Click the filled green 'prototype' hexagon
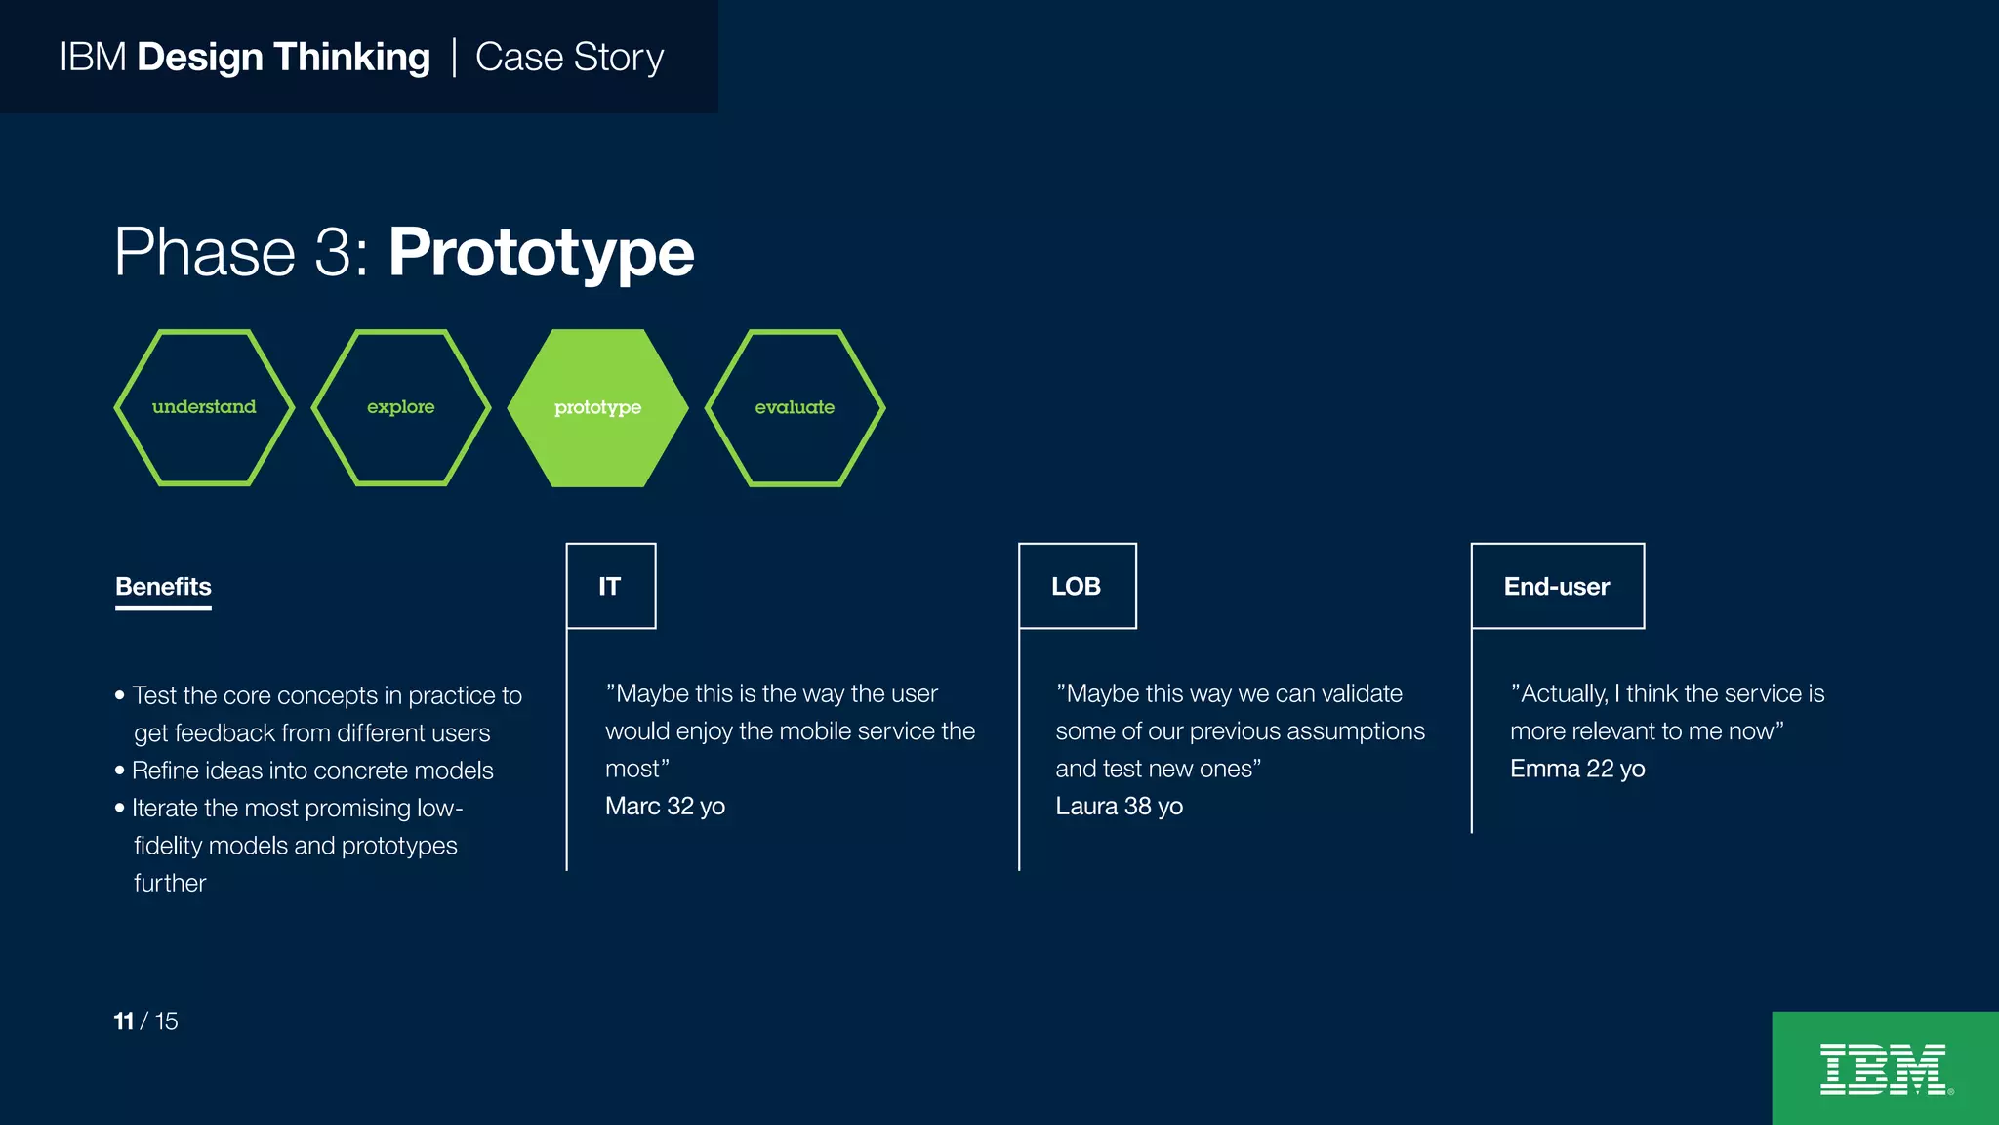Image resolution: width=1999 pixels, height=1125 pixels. point(597,407)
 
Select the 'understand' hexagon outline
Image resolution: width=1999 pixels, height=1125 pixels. point(204,407)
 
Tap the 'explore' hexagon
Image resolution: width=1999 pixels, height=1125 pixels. point(400,407)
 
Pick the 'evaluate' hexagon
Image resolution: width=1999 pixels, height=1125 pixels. point(795,407)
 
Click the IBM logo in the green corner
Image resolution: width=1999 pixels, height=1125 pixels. point(1884,1069)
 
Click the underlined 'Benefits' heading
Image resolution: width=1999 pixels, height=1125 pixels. point(163,587)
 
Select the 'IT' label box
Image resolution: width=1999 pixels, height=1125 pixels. point(611,586)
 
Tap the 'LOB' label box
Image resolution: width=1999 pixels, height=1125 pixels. point(1077,586)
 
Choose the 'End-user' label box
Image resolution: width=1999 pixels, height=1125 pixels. point(1557,586)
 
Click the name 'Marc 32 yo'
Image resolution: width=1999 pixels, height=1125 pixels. point(665,807)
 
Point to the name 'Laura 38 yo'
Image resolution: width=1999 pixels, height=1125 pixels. point(1119,807)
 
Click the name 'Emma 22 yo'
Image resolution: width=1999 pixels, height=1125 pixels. point(1577,770)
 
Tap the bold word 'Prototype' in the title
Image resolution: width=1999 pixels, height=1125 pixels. point(541,254)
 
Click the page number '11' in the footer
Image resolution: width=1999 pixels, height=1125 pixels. point(123,1021)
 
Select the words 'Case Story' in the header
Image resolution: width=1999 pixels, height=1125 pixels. point(569,58)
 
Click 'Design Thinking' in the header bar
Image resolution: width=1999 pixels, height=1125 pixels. point(283,58)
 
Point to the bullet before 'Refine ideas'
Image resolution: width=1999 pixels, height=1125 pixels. point(120,771)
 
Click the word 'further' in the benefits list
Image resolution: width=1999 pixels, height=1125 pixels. point(170,884)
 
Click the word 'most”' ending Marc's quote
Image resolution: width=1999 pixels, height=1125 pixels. point(636,770)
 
